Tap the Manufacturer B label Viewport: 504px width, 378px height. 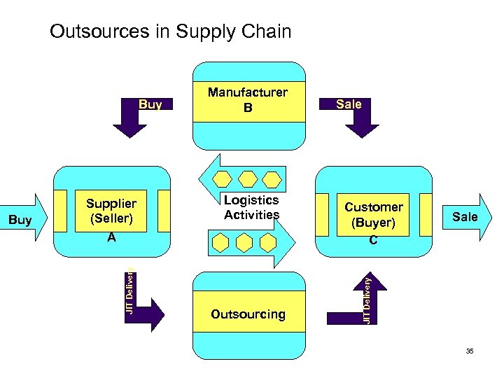[247, 100]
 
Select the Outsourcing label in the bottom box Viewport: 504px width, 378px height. [248, 314]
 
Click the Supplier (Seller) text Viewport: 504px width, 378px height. [111, 211]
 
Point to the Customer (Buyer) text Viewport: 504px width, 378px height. [374, 215]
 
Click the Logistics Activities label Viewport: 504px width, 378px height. [251, 208]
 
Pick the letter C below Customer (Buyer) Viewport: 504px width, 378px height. [373, 240]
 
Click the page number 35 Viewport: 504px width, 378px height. [470, 351]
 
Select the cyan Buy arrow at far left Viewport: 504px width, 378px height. [24, 219]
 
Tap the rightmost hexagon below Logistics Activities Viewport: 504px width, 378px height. [267, 243]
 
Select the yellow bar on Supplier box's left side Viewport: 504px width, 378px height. [66, 210]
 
